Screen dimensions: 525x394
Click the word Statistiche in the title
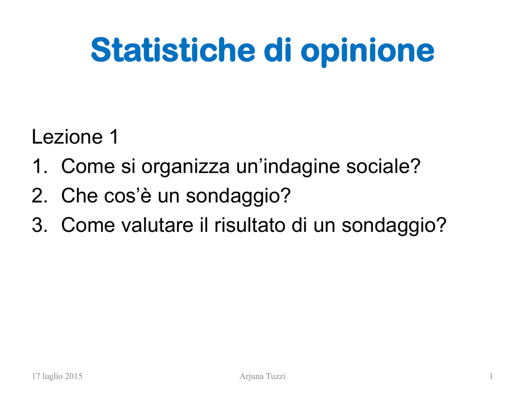click(x=173, y=50)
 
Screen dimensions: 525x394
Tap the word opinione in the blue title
click(x=367, y=52)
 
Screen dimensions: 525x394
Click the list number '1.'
click(x=39, y=166)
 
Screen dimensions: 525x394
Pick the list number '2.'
click(x=39, y=195)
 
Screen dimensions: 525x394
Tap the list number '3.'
click(x=39, y=225)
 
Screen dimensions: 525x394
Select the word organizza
click(x=186, y=168)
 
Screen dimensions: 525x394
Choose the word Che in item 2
click(x=79, y=195)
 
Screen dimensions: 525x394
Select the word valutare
click(x=157, y=225)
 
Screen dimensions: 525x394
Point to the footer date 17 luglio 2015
click(x=57, y=376)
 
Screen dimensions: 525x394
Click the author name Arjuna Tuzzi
click(x=262, y=377)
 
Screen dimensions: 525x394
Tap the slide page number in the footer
click(x=491, y=376)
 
